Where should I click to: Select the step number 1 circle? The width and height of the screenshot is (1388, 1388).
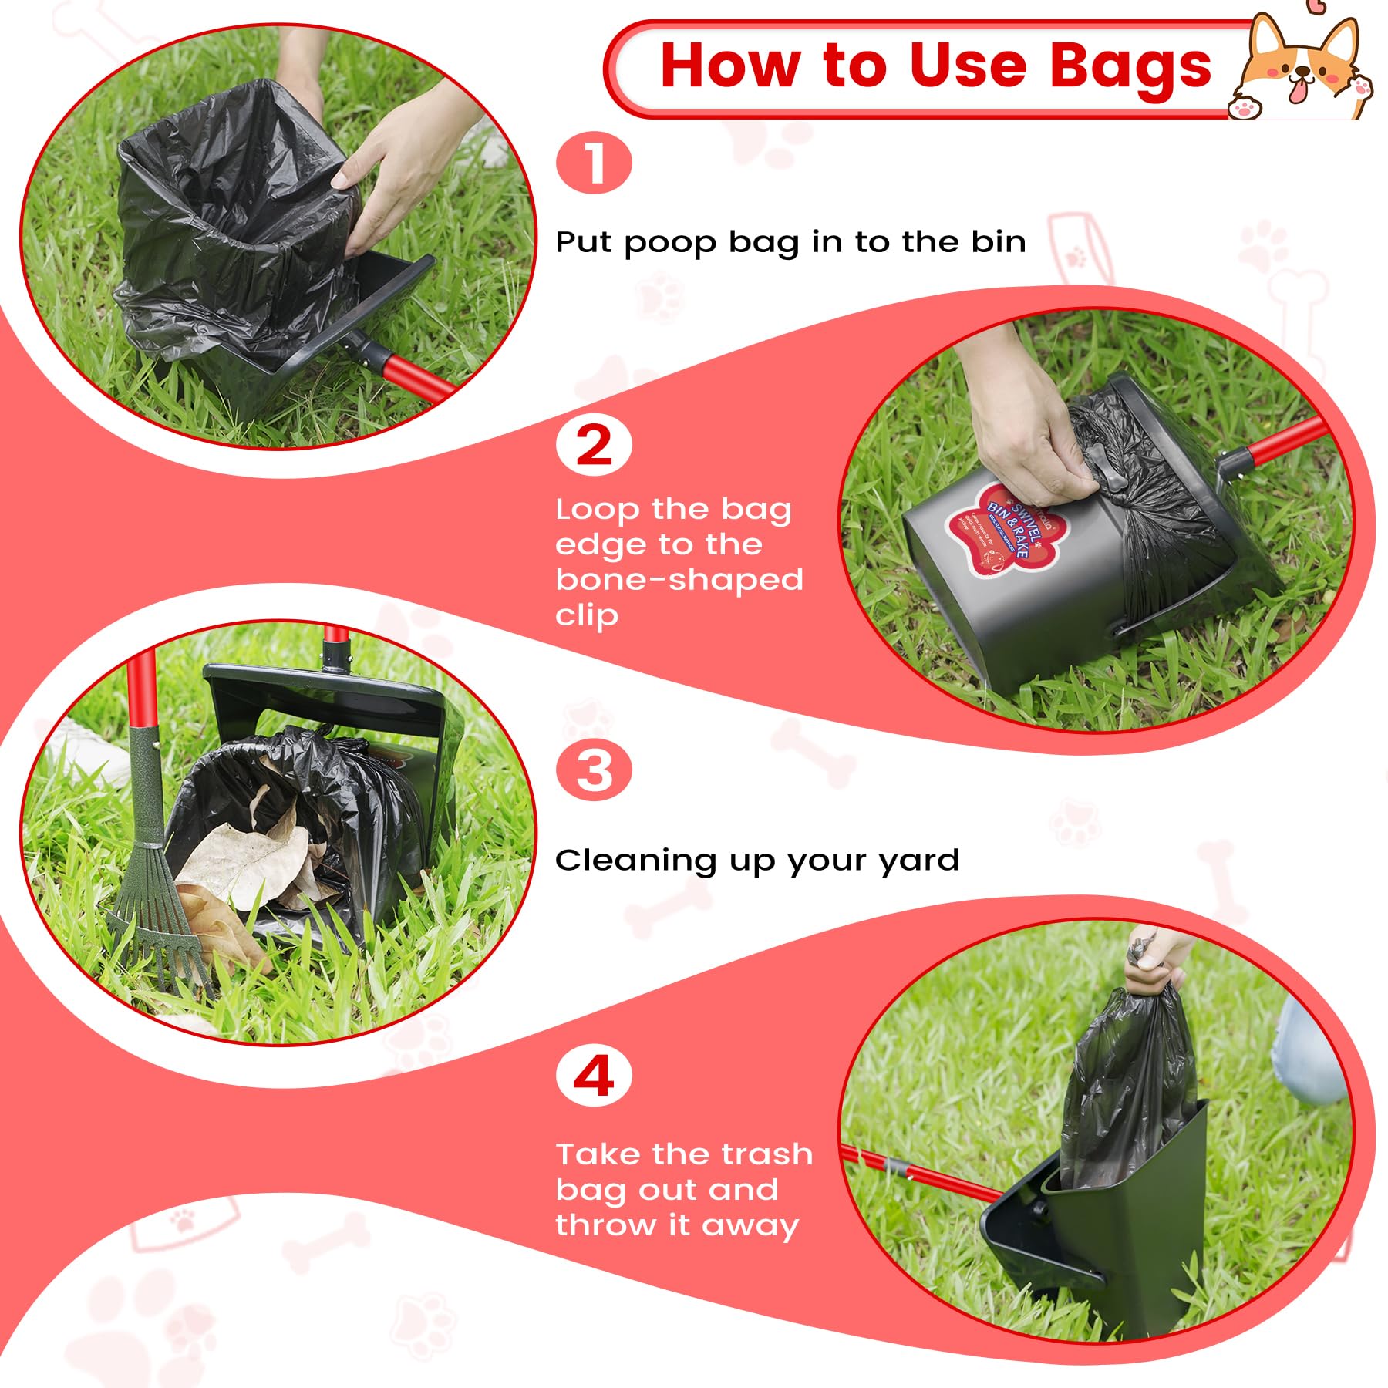point(594,163)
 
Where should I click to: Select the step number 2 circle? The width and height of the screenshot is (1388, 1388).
point(594,446)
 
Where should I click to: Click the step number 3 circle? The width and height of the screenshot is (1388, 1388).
point(594,770)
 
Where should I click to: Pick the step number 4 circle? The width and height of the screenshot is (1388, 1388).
point(594,1076)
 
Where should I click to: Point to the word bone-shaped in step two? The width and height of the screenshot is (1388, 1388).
point(679,580)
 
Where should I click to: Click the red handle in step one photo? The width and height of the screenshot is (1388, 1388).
point(416,378)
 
